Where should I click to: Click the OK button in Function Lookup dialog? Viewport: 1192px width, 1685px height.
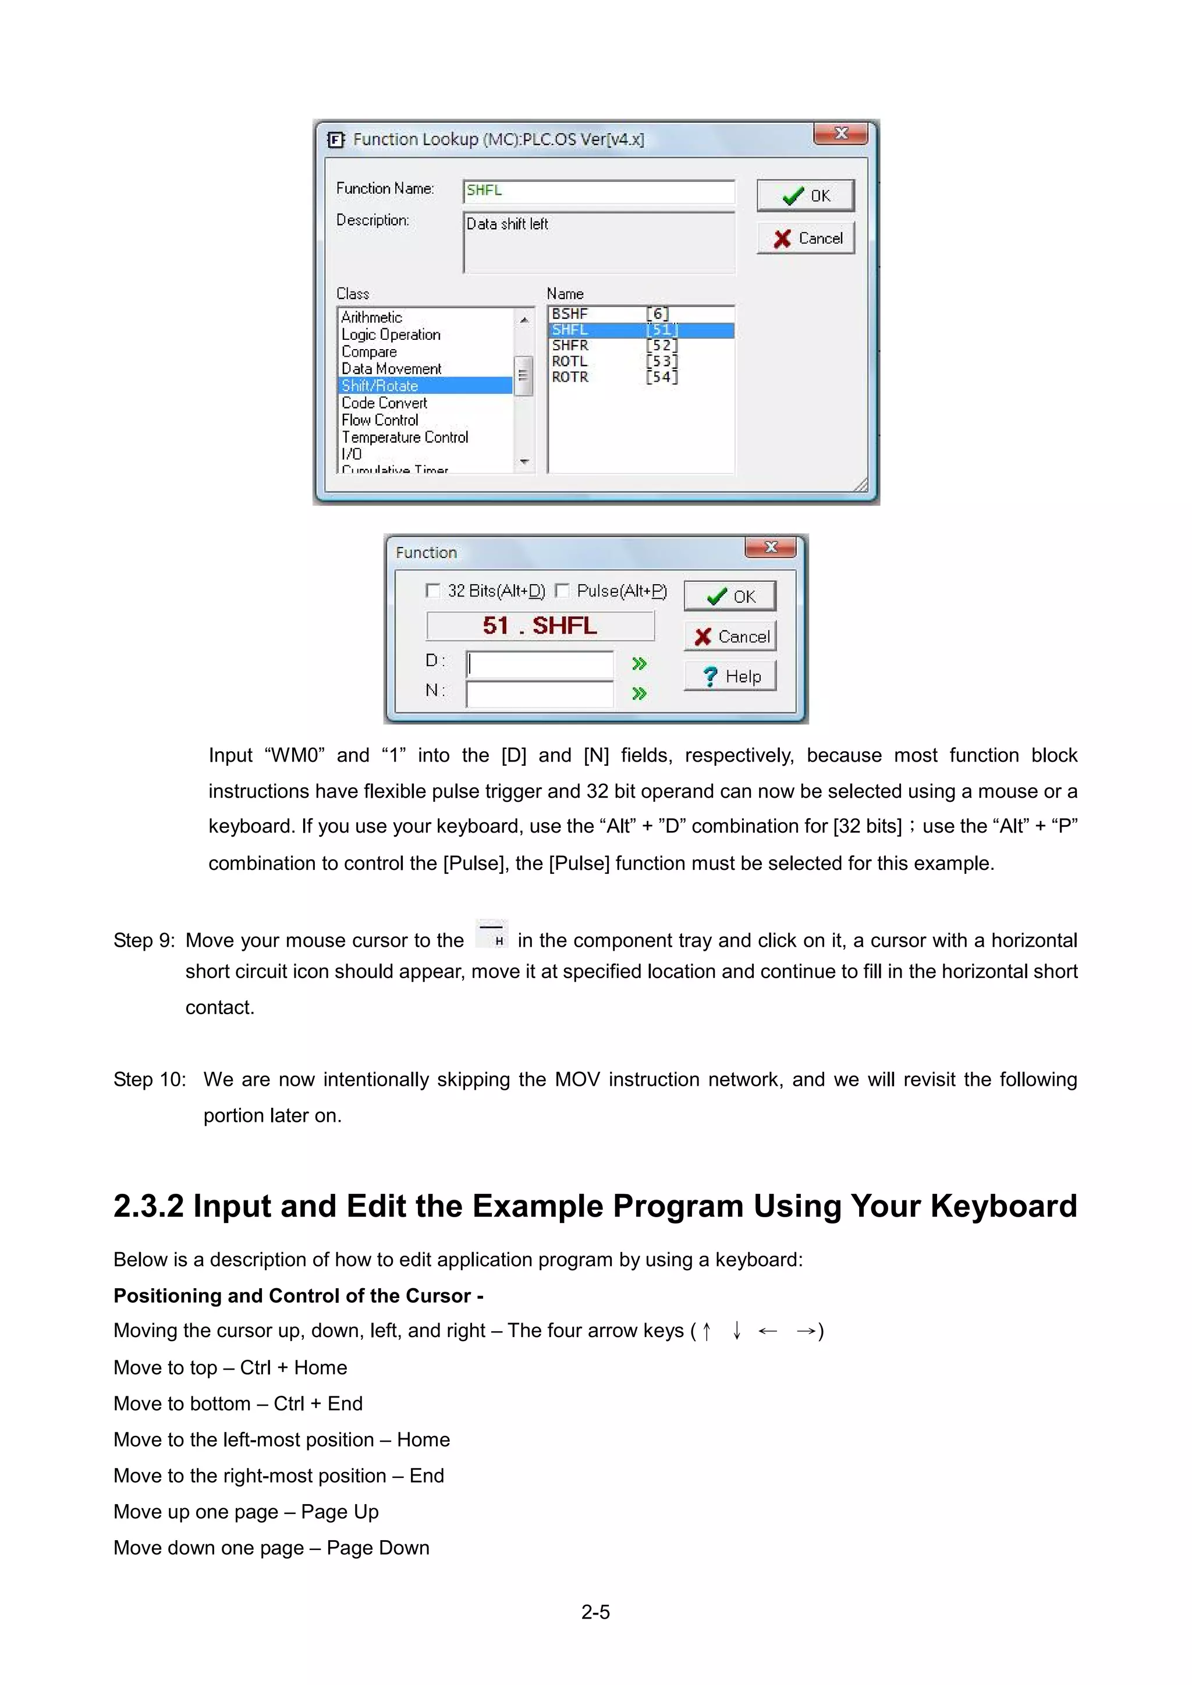coord(805,195)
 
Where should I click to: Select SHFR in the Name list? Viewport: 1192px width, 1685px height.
coord(570,345)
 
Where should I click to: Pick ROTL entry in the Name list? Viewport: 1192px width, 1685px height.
coord(570,361)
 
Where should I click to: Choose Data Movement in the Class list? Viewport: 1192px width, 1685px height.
coord(391,368)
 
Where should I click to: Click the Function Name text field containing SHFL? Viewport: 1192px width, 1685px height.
coord(598,191)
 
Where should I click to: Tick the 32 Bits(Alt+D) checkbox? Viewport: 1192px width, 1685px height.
coord(433,591)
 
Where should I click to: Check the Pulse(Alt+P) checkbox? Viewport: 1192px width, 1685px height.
coord(562,591)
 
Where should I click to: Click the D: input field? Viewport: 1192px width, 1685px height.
coord(540,663)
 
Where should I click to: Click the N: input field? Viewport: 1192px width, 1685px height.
coord(540,694)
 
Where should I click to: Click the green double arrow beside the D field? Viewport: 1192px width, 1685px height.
coord(639,663)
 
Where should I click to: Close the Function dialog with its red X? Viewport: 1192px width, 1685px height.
coord(770,547)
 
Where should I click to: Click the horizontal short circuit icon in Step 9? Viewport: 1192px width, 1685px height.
coord(492,933)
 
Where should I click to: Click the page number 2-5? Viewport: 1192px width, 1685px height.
coord(595,1612)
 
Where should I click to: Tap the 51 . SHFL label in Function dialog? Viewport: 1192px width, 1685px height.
coord(540,625)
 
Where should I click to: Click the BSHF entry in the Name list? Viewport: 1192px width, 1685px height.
coord(570,314)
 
